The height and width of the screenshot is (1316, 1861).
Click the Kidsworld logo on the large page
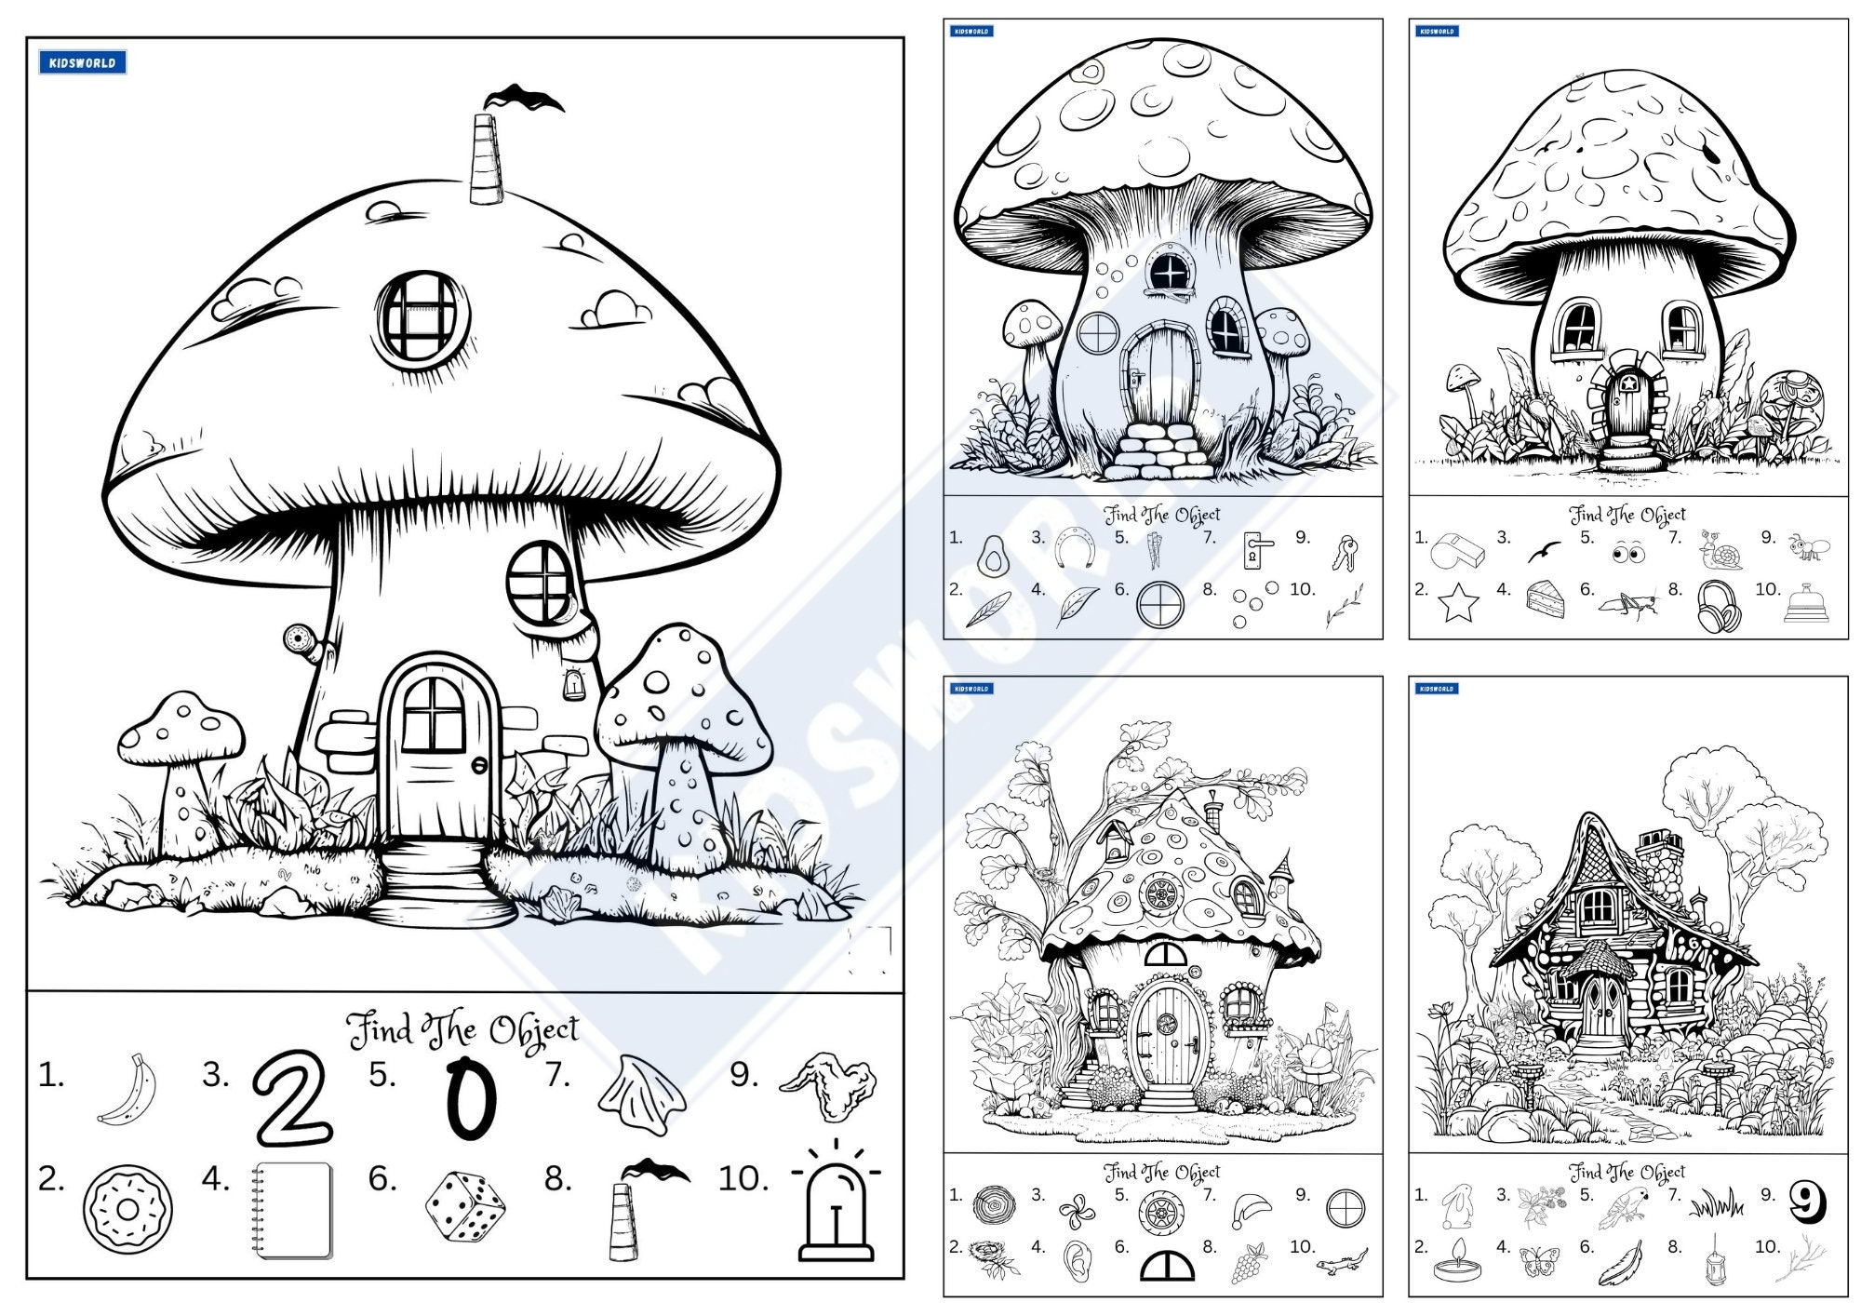[82, 62]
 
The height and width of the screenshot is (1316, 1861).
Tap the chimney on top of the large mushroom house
[486, 160]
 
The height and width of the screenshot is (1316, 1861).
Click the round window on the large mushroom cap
[422, 316]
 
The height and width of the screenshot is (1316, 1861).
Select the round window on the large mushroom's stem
[541, 583]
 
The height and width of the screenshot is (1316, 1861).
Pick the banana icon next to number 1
[129, 1090]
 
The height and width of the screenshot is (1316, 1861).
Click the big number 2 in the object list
[291, 1098]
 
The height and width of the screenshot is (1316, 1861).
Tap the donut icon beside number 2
[127, 1209]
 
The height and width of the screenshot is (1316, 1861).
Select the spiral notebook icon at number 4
[292, 1210]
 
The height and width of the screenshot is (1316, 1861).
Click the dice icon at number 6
[464, 1206]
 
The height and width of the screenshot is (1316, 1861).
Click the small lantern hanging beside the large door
[574, 686]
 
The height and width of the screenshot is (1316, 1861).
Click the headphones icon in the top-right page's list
[1718, 607]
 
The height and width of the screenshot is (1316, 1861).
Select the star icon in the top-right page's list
[1458, 603]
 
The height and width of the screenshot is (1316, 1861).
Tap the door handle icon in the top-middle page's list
[1255, 551]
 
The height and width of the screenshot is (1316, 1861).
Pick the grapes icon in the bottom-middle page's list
[1249, 1263]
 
